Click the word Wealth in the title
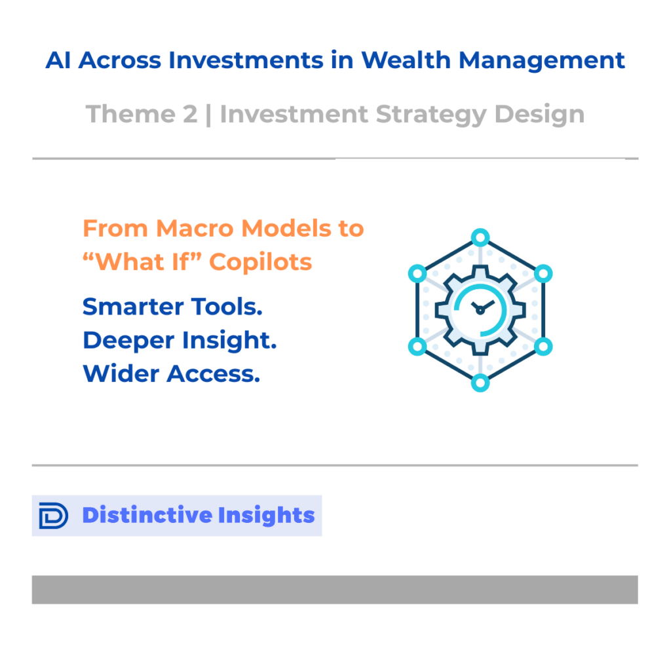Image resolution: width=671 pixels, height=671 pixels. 406,60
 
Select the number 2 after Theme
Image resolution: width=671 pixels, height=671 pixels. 191,114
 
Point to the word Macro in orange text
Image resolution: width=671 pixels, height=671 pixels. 195,229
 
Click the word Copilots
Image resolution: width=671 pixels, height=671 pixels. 261,262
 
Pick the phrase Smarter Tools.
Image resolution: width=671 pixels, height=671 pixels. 172,307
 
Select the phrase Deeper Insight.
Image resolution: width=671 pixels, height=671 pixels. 180,341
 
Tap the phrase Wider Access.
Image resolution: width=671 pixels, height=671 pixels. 171,374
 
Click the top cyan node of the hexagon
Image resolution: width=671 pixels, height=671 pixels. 480,237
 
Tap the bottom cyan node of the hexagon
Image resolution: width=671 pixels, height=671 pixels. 480,383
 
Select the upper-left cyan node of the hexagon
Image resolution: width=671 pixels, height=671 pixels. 417,274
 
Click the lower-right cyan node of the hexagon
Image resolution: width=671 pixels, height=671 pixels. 543,346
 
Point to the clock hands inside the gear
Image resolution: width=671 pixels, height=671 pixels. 482,307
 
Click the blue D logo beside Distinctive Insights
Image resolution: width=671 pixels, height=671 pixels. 54,516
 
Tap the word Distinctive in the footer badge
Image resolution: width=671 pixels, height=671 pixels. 146,515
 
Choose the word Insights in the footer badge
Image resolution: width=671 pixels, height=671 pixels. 266,516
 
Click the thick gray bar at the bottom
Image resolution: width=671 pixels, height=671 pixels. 335,590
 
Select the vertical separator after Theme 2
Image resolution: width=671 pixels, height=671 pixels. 208,115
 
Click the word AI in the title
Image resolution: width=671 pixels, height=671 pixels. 58,60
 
